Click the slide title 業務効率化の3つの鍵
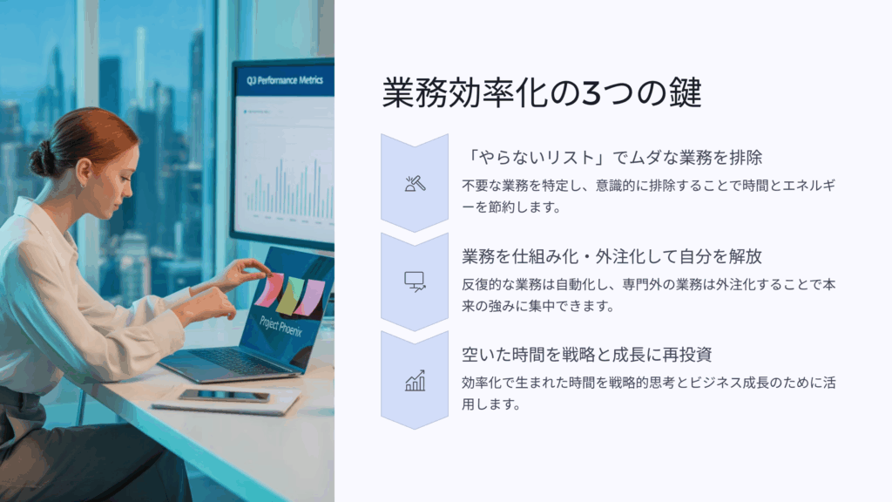[x=542, y=92]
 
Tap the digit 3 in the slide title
[x=591, y=93]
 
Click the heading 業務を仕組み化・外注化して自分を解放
[x=612, y=256]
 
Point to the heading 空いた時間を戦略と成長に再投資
[x=586, y=355]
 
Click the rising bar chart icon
[x=415, y=380]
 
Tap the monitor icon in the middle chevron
[x=415, y=282]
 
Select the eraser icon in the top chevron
[x=415, y=183]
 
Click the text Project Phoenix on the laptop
[x=281, y=328]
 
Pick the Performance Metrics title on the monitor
[x=285, y=80]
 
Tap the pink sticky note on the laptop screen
[x=268, y=289]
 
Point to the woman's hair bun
[x=42, y=158]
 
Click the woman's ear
[x=84, y=173]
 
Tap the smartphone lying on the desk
[x=224, y=396]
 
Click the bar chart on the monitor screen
[x=289, y=188]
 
